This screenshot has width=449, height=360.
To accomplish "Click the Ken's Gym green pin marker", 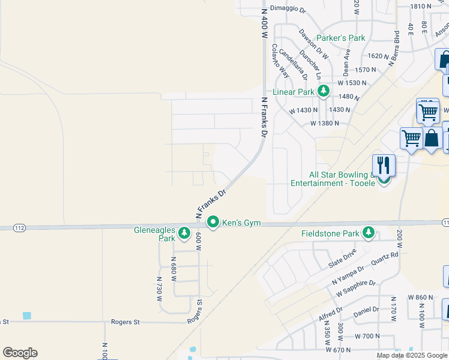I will pos(213,223).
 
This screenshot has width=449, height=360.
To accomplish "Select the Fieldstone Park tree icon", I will pos(367,233).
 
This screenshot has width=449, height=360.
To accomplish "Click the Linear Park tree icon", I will pos(324,91).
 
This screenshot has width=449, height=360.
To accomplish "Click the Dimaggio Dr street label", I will pos(288,10).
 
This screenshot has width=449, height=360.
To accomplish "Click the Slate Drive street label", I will pos(343,259).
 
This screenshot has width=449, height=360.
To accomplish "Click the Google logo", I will pos(20,353).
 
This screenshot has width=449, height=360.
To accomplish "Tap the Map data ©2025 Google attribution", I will pos(412,355).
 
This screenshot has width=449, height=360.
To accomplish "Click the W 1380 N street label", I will pos(325,123).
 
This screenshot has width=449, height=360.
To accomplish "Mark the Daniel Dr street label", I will pos(367,310).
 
